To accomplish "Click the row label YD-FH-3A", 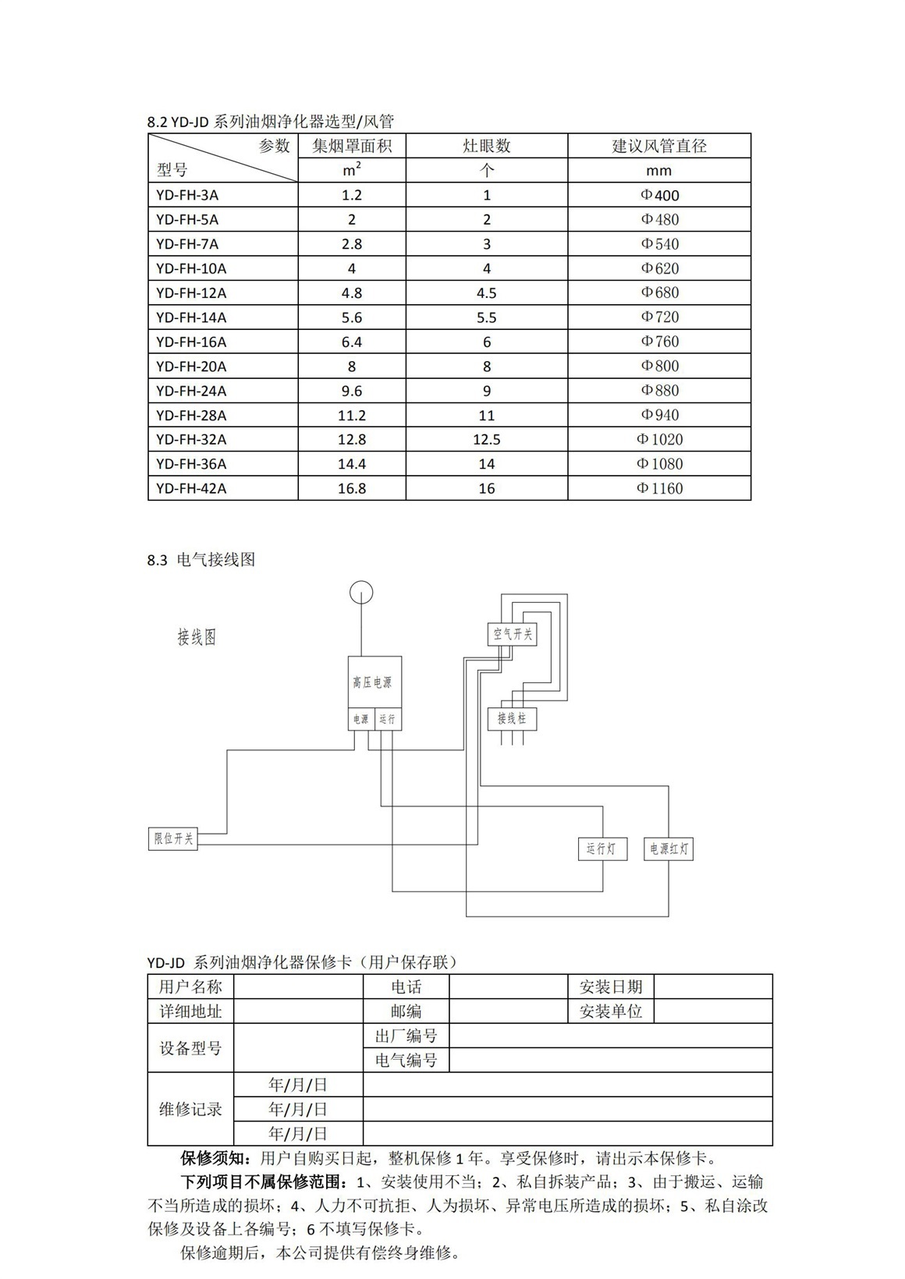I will (x=187, y=195).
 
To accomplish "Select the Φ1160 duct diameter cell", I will (x=659, y=488).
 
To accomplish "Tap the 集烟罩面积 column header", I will (x=352, y=146).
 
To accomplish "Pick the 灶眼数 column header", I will (x=487, y=146).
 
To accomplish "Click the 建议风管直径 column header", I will (x=659, y=146).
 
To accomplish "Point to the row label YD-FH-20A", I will (x=191, y=366).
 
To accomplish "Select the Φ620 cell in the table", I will (x=659, y=268).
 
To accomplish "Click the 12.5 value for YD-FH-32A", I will (x=487, y=439).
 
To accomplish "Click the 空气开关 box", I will (x=513, y=634).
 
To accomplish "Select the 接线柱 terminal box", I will (x=512, y=717).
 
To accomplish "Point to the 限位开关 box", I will (x=173, y=838).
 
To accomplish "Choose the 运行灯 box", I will (x=602, y=849).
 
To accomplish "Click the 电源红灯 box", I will (x=669, y=849).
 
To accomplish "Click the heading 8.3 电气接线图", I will (x=201, y=560).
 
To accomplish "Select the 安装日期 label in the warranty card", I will (x=611, y=987).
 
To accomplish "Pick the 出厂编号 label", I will (x=406, y=1036).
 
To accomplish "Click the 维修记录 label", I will (x=190, y=1109).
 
